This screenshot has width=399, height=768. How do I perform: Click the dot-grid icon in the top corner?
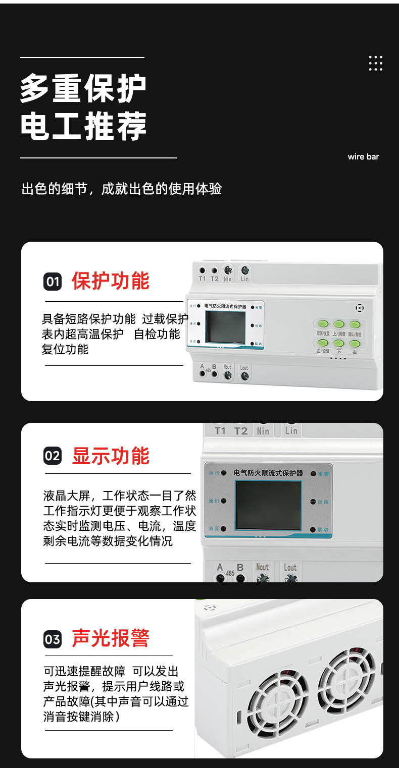tap(375, 63)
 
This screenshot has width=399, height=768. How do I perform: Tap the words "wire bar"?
tap(363, 157)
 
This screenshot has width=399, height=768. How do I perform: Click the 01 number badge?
tap(53, 282)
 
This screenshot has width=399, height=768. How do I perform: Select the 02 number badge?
tap(53, 456)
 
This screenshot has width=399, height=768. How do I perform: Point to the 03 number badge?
tap(53, 639)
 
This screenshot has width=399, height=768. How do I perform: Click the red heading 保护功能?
tap(111, 281)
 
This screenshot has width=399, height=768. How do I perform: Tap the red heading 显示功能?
tap(111, 456)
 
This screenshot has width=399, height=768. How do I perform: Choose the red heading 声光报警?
tap(111, 638)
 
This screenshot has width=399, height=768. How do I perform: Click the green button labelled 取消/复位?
tap(323, 324)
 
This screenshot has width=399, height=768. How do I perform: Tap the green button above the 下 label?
tap(339, 343)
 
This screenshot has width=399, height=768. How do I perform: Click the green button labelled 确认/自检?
tap(355, 324)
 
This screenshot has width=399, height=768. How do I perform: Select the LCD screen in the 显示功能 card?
tap(268, 505)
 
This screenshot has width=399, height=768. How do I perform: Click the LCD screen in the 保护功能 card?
tap(225, 327)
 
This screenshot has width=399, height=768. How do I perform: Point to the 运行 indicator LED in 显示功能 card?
tap(223, 473)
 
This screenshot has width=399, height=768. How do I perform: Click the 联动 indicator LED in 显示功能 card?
tap(313, 529)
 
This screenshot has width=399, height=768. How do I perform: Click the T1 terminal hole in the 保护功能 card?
tap(203, 270)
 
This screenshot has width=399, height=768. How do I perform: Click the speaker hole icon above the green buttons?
tap(360, 307)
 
